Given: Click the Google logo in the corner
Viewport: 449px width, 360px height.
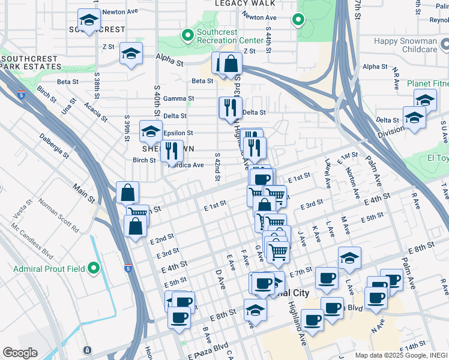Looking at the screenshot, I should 20,352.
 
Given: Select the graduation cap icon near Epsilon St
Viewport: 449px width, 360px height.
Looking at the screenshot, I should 151,131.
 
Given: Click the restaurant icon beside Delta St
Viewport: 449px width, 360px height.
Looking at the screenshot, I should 230,108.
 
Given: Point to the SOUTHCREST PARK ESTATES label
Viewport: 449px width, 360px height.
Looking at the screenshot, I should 29,63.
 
